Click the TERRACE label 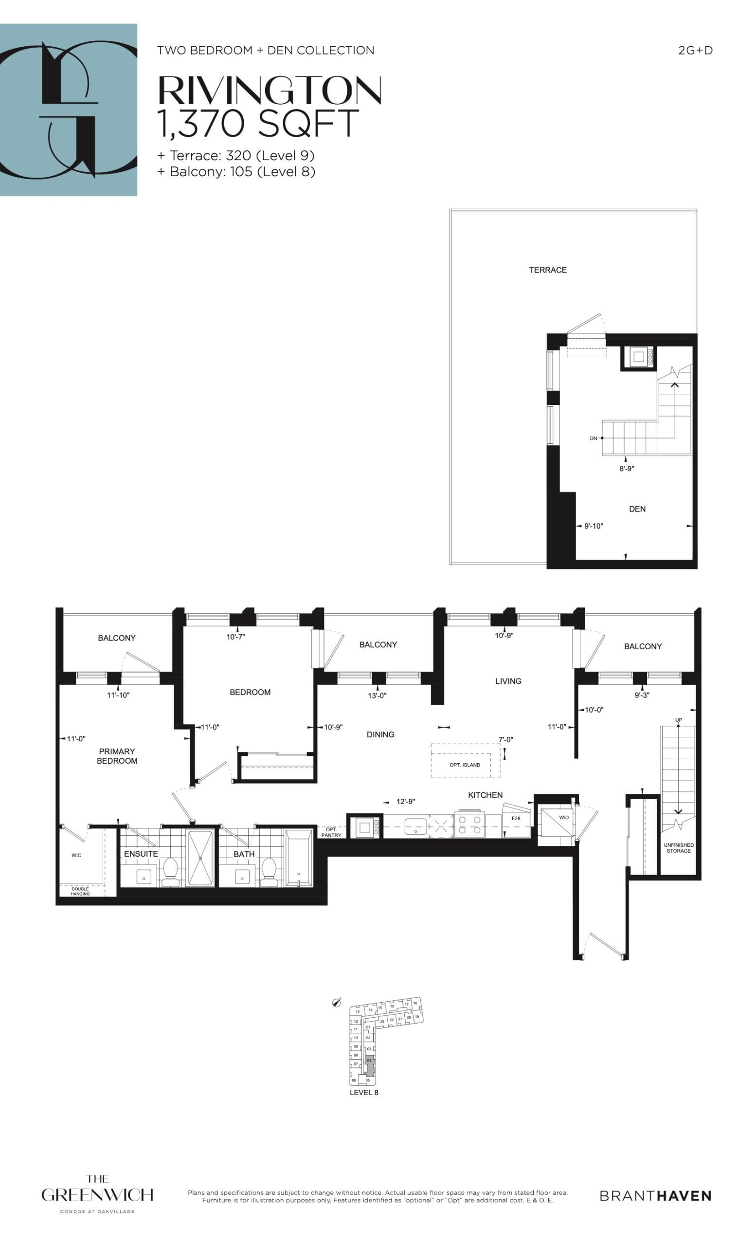(548, 270)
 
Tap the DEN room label (637, 509)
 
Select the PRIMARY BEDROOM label (117, 755)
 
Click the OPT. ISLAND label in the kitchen (465, 765)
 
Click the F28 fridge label (516, 818)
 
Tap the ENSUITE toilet (170, 871)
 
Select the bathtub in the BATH (299, 858)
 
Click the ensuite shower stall (200, 858)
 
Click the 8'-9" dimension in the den (627, 469)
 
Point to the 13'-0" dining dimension (377, 696)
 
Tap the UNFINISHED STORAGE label (678, 848)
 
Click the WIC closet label (76, 855)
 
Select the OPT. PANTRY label (331, 832)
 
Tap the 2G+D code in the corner (695, 51)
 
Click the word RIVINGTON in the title (270, 91)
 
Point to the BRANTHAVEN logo (655, 1195)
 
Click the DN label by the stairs (594, 439)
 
